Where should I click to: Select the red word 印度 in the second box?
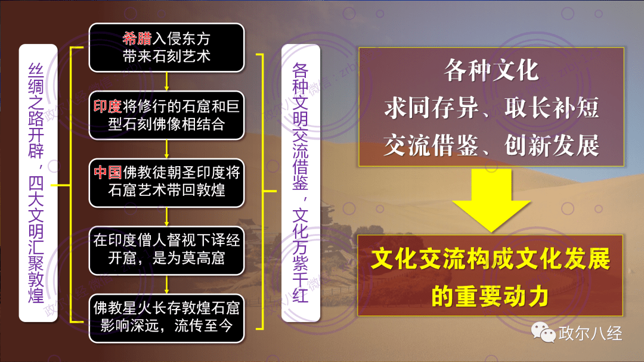(x=108, y=107)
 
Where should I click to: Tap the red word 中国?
(x=108, y=173)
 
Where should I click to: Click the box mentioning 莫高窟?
(x=167, y=250)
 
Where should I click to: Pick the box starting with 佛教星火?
(x=167, y=317)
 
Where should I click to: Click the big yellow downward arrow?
(x=491, y=200)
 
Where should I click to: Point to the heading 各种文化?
(x=491, y=71)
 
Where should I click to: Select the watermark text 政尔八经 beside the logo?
(x=590, y=333)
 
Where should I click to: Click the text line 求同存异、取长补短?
(x=491, y=109)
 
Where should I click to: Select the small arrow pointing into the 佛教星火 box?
(x=167, y=283)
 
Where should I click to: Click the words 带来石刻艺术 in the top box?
(x=166, y=56)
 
